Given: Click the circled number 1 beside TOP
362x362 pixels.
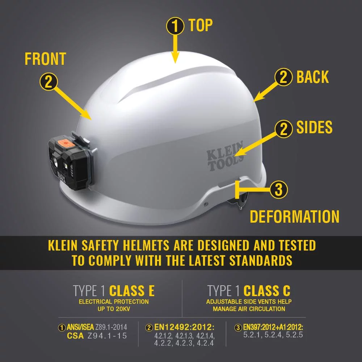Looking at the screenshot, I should click(175, 26).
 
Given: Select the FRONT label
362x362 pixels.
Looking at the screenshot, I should click(45, 59).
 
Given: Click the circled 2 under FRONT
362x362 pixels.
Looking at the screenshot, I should click(49, 81).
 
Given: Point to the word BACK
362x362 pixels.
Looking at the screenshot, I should click(312, 77).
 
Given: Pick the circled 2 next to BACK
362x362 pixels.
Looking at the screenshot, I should click(284, 77).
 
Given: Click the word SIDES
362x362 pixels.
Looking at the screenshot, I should click(314, 127).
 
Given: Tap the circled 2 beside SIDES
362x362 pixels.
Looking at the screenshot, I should click(284, 128).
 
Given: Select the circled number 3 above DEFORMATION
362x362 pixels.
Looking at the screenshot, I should click(279, 189).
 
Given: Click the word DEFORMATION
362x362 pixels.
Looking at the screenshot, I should click(295, 217).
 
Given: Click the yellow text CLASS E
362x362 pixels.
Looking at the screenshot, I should click(132, 291).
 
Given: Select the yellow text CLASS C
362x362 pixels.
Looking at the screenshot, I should click(267, 291).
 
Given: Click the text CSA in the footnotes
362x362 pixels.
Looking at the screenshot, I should click(76, 336).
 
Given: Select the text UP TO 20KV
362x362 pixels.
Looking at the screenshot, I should click(114, 309).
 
